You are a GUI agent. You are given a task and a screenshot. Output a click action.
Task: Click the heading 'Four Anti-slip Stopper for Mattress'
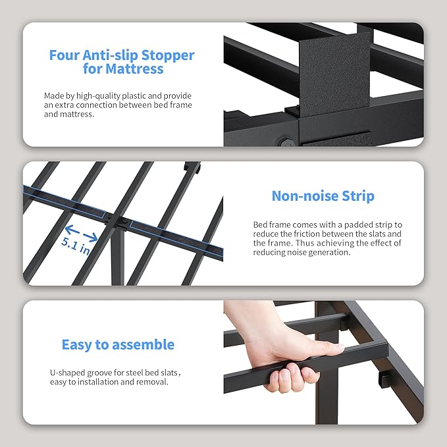tap(122, 62)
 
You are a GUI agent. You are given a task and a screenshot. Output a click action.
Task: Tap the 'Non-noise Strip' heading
tap(323, 196)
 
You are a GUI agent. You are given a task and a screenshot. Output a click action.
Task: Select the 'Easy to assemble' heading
tap(118, 344)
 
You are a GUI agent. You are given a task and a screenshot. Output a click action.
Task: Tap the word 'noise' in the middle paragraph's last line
tap(302, 252)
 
